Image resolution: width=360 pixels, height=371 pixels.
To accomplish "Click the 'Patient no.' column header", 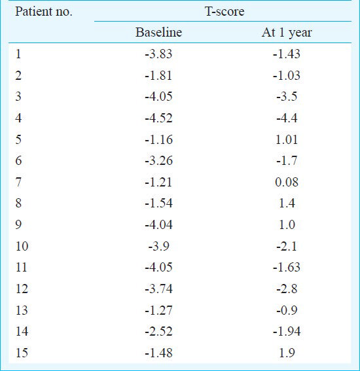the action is [x=44, y=11].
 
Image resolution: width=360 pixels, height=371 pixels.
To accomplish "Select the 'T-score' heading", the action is [x=225, y=11].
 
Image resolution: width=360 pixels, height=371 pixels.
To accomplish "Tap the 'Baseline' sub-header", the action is [x=158, y=32].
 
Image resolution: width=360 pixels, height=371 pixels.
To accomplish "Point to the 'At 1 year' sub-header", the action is [x=287, y=33].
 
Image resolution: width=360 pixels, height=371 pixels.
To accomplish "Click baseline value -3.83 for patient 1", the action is [x=158, y=54].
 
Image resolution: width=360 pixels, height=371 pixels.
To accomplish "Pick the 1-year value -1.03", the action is [x=287, y=75].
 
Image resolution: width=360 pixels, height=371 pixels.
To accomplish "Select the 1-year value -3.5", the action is [x=287, y=97].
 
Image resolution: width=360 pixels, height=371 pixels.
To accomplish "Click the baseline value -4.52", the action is [x=158, y=118].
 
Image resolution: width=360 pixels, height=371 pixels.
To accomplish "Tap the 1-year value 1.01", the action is [x=287, y=139].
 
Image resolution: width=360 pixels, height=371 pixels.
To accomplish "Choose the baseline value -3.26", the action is [x=158, y=161].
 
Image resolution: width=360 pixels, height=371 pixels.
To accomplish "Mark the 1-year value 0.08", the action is [x=287, y=182].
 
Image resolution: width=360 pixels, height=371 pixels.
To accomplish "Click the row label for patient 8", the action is [x=18, y=203].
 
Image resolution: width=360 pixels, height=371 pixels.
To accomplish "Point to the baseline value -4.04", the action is [x=158, y=224].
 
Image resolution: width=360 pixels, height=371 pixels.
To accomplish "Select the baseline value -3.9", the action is [x=158, y=246].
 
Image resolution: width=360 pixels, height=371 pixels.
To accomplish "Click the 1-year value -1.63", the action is [x=287, y=267].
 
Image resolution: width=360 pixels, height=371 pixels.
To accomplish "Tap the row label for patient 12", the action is [x=22, y=289].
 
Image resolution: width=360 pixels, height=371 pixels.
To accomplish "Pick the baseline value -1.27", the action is [x=158, y=310].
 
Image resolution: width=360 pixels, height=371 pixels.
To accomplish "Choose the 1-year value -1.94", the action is [x=287, y=331].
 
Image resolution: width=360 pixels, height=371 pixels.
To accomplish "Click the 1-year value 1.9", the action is [x=287, y=353].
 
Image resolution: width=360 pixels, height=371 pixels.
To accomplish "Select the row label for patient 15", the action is [x=22, y=353].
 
